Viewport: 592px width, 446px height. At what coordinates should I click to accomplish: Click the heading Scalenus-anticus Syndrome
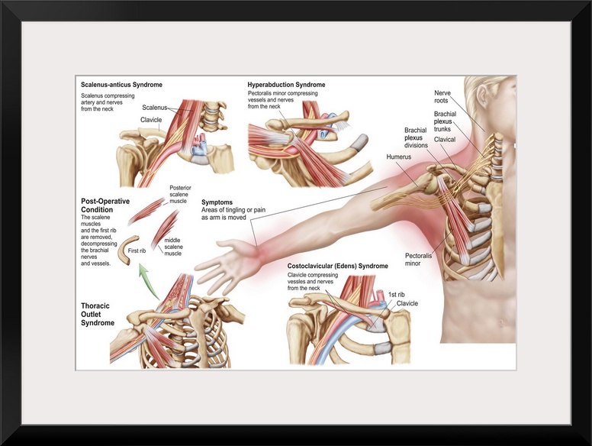point(121,84)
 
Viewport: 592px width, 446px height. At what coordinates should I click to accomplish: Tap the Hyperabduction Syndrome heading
point(286,84)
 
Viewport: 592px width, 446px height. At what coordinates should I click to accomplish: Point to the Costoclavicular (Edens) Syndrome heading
point(337,266)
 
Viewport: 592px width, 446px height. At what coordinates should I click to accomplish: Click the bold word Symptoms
point(217,202)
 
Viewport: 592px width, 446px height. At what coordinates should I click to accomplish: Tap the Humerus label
point(398,157)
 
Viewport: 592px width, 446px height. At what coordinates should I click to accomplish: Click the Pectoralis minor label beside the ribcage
point(418,260)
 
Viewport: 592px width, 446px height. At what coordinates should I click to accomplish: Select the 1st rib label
point(397,293)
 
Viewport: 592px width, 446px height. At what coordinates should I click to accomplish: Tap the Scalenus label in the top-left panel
point(155,108)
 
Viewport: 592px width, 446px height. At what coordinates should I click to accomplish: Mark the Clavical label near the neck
point(445,141)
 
